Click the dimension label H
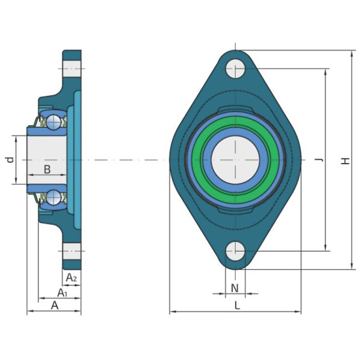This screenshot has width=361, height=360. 345,160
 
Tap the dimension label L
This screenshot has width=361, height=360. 237,305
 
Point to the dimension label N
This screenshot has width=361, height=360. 235,288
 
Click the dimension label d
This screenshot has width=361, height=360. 9,160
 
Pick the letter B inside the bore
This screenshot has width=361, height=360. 47,170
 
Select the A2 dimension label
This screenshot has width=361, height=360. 72,278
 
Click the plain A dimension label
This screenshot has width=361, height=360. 54,305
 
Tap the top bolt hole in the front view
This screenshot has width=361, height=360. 236,69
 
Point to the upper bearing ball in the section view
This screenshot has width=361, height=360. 54,122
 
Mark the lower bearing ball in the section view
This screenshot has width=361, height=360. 54,197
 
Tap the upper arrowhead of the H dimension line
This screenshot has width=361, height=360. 351,55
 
